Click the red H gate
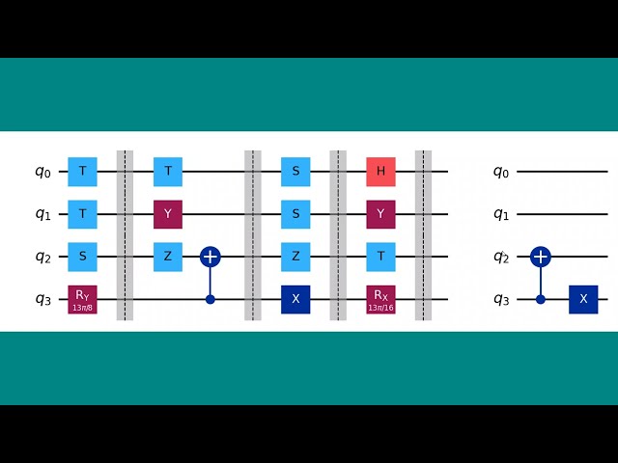(x=381, y=172)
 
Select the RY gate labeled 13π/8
(x=83, y=300)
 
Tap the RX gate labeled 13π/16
(x=381, y=300)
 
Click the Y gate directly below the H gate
(x=381, y=214)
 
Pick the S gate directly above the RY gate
(x=83, y=258)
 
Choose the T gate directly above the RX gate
(x=381, y=258)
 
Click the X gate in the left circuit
(x=295, y=300)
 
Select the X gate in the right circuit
(x=583, y=300)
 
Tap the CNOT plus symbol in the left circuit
(x=211, y=258)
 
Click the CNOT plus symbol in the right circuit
(x=541, y=258)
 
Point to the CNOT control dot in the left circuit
(x=211, y=300)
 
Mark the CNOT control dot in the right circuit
(x=541, y=300)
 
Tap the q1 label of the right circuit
(x=500, y=215)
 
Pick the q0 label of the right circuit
(x=500, y=173)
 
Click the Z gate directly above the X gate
(x=295, y=258)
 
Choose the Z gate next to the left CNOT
(x=168, y=258)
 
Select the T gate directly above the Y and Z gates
(x=168, y=172)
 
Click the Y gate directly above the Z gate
(x=168, y=214)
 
